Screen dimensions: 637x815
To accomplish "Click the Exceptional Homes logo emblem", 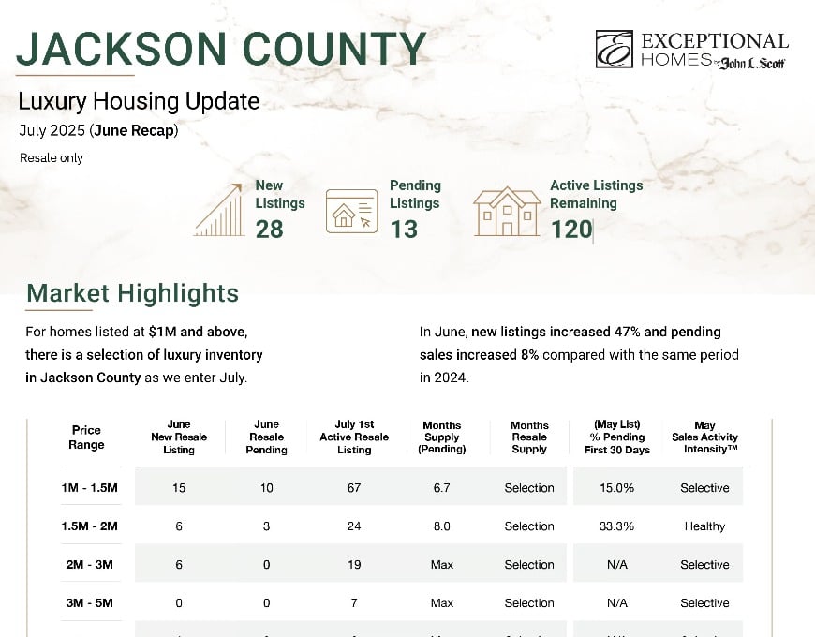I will (x=614, y=49).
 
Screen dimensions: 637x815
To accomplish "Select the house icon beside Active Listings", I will (x=507, y=211).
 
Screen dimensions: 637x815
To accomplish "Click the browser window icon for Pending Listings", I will (x=352, y=211).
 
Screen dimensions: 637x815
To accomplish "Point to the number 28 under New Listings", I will (x=269, y=229).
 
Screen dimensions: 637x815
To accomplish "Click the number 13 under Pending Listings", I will (x=404, y=229).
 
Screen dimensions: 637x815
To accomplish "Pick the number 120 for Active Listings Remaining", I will (x=570, y=229).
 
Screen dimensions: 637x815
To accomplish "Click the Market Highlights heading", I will (x=132, y=293).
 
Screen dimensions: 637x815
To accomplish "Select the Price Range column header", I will (x=86, y=437).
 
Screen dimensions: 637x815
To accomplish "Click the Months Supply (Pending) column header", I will (x=441, y=437).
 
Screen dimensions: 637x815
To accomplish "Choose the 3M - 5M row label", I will (x=86, y=603).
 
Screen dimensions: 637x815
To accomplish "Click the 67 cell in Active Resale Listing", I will (x=354, y=488).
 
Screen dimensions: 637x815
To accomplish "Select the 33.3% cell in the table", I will (x=616, y=526).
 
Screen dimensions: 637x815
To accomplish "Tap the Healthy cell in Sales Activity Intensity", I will (x=704, y=526).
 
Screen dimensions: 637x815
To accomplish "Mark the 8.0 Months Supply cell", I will (x=441, y=526).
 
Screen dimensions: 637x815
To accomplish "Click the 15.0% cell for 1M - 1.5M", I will (x=616, y=488).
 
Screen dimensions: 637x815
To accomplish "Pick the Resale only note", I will (x=52, y=158).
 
